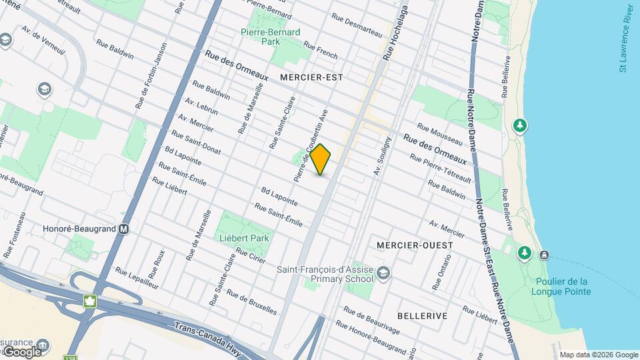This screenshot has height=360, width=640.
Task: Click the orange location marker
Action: [x=321, y=159]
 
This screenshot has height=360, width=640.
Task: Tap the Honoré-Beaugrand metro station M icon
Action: [x=123, y=229]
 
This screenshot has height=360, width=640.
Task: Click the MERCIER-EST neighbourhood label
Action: [x=311, y=77]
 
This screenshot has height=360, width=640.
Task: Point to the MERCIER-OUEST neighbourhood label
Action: [x=415, y=245]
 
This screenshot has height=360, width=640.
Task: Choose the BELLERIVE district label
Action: [x=422, y=315]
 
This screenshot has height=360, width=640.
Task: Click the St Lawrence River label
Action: [x=626, y=38]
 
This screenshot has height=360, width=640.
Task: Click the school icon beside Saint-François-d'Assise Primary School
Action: [x=383, y=272]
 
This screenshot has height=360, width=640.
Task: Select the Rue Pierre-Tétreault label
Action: [x=441, y=169]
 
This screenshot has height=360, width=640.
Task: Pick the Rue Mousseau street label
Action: [x=439, y=134]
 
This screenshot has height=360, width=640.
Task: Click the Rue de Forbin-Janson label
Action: [x=150, y=77]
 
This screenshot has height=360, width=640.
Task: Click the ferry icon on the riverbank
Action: [x=545, y=255]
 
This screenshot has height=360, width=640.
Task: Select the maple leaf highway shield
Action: [x=89, y=301]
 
